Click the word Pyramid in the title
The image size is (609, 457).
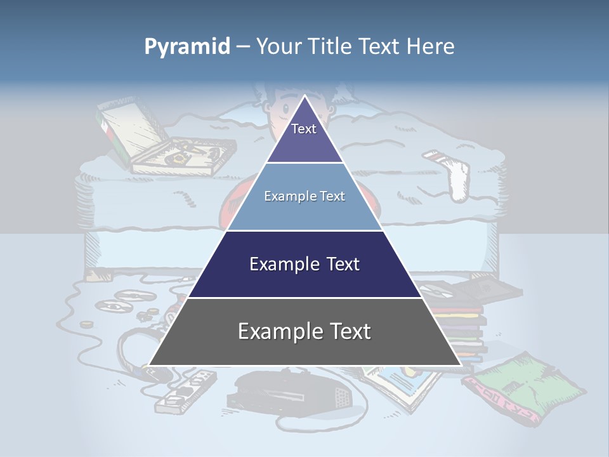click(x=187, y=47)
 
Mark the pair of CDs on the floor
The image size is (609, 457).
click(x=118, y=301)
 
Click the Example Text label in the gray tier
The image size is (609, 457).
click(x=304, y=331)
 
